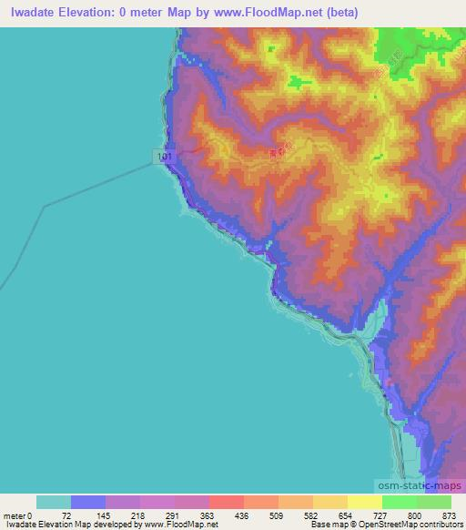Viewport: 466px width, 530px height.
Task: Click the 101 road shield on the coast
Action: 163,158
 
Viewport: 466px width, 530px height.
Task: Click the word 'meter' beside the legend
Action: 14,515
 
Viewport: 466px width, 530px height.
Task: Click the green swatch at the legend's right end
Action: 433,502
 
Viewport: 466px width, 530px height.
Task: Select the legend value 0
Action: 30,515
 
